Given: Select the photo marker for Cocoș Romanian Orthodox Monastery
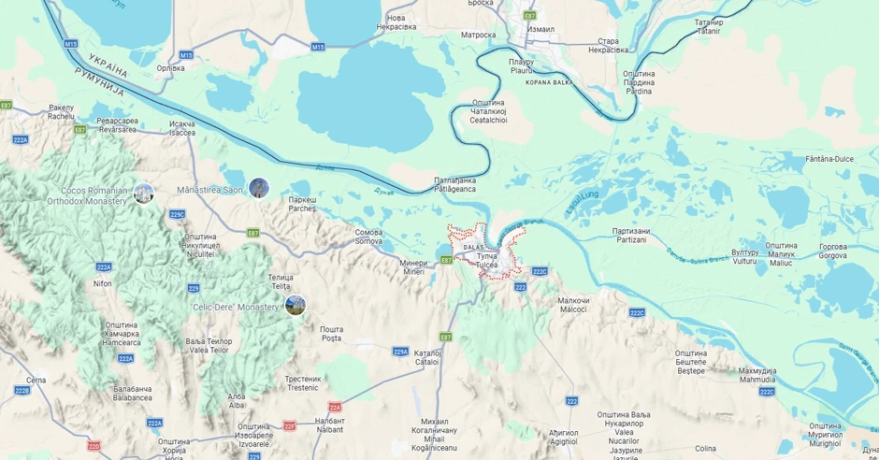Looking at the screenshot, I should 143,194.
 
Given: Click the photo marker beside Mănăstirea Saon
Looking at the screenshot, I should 259,188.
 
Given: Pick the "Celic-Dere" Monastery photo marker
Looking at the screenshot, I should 295,305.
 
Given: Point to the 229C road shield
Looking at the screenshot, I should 178,214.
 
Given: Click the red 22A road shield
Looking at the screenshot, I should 335,407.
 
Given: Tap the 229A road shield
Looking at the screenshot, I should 400,352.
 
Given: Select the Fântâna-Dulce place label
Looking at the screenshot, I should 829,159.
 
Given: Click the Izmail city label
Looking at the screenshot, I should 540,29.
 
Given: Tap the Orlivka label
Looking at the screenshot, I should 170,67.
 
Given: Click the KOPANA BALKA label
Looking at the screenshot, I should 549,82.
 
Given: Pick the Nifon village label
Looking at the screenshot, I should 103,283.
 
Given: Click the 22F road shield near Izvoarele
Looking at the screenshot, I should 290,425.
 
